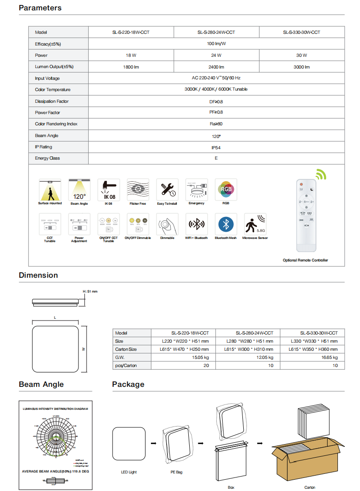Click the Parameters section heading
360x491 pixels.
[40, 8]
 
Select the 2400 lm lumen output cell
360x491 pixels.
[216, 67]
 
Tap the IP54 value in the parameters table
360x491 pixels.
[216, 147]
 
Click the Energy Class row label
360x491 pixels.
[47, 158]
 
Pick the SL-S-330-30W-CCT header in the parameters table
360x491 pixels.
[301, 32]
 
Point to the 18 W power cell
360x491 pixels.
[131, 55]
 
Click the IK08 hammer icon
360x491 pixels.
[109, 189]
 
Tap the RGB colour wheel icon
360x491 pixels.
[226, 189]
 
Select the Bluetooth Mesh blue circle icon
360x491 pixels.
[226, 224]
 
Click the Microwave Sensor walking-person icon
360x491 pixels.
[255, 224]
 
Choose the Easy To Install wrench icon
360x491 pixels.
[167, 189]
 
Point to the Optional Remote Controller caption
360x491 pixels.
[305, 260]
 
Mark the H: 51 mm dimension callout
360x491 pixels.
[90, 292]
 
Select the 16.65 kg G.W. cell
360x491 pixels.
[329, 357]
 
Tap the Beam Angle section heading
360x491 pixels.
[41, 384]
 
